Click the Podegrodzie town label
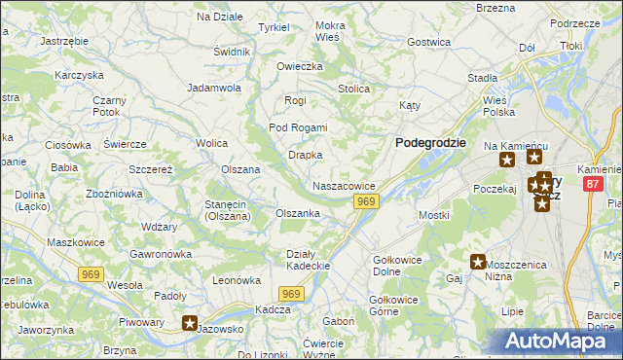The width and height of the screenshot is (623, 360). (x=431, y=142)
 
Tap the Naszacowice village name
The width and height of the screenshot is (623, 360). (x=344, y=186)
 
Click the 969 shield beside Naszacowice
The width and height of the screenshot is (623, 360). (x=366, y=201)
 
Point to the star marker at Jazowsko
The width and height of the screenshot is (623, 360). (x=190, y=324)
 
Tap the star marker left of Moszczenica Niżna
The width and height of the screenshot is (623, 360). (x=478, y=262)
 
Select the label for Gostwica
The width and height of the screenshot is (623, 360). (x=429, y=43)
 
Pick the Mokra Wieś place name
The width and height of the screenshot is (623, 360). (x=330, y=31)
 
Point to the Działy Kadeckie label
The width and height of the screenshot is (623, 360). (x=310, y=260)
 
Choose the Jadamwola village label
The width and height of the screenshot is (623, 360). (x=214, y=88)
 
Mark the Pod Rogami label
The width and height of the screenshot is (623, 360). (x=298, y=128)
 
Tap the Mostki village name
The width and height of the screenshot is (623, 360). (x=432, y=215)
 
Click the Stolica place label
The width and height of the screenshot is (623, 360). (x=353, y=90)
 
